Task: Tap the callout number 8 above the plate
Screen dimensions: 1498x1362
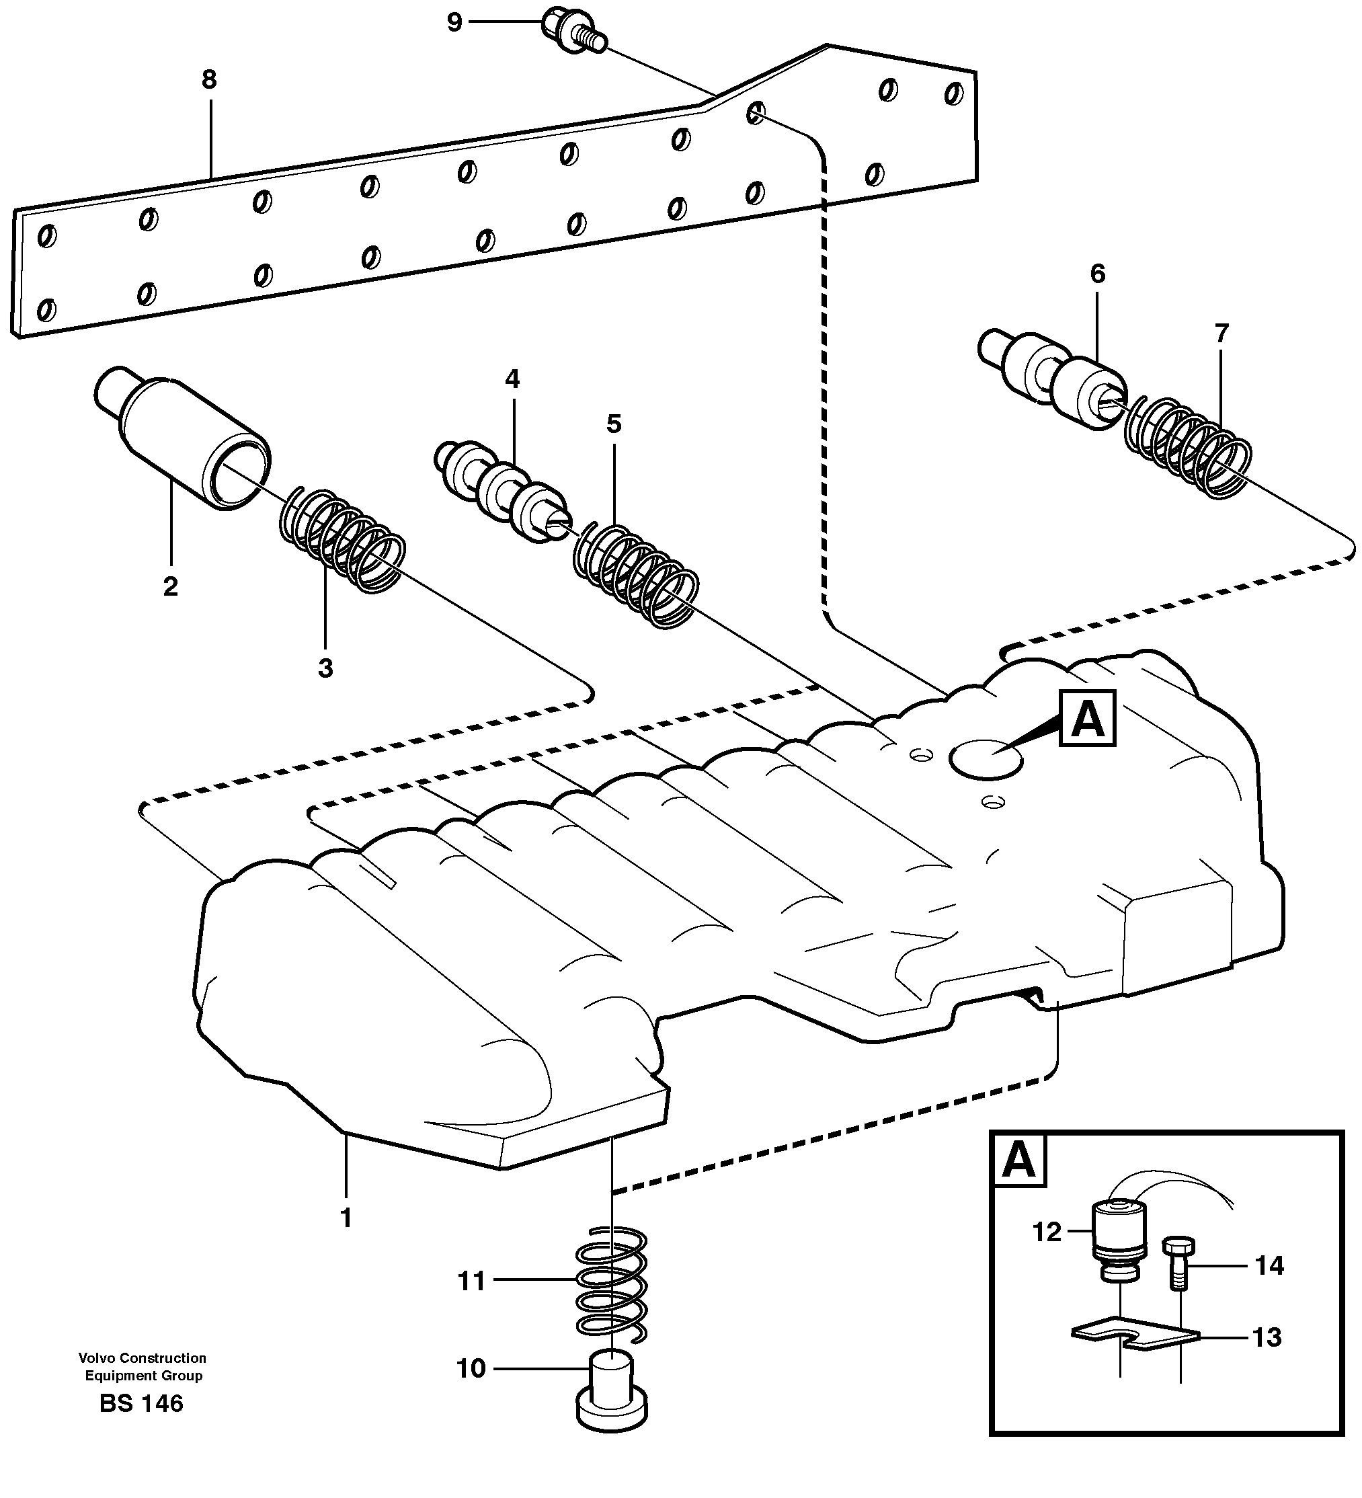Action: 209,79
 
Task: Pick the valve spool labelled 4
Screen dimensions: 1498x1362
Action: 502,493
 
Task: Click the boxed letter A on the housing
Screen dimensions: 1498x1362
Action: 1088,718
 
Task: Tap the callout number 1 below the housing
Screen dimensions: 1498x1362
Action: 346,1218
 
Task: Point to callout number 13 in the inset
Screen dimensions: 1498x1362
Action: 1267,1337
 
